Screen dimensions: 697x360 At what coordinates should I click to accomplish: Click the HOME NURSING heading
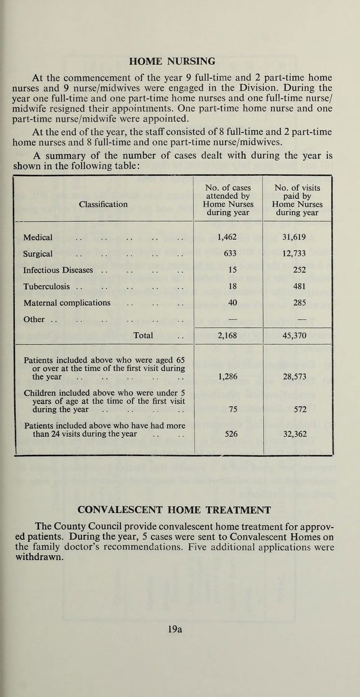(180, 60)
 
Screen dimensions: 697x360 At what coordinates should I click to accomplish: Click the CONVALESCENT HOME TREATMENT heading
(180, 510)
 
